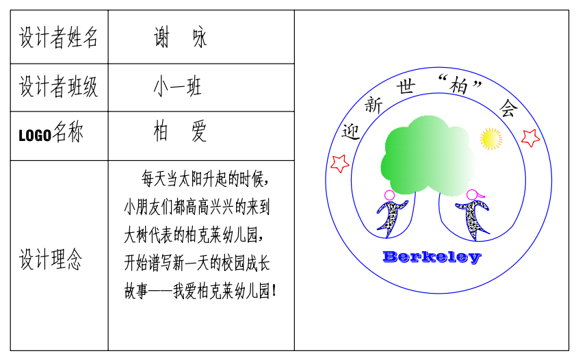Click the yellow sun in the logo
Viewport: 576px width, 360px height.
491,139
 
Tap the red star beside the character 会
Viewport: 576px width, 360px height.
530,138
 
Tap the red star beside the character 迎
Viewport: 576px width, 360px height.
340,164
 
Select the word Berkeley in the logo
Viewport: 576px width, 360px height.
432,257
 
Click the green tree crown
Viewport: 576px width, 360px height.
429,155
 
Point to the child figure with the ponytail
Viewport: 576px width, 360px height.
473,215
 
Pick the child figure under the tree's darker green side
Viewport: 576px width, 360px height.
391,214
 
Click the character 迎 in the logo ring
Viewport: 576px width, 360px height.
350,132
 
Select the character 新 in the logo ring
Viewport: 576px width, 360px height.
374,105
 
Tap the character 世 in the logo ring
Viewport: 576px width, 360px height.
406,87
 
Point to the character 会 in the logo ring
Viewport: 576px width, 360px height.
508,108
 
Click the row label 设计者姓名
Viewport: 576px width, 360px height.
58,37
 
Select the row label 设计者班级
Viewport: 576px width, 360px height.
58,87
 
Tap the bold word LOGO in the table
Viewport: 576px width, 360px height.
35,136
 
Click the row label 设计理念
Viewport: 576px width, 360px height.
51,259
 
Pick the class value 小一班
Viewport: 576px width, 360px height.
177,87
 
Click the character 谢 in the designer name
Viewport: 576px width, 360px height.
161,37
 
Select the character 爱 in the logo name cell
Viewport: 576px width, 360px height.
199,131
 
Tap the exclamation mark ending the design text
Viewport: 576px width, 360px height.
274,291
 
